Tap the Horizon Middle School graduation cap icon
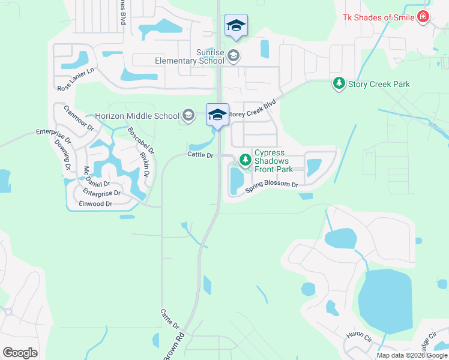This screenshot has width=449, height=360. coord(188,116)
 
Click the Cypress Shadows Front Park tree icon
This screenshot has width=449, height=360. coord(245,160)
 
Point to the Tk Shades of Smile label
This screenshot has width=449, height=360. coord(378,17)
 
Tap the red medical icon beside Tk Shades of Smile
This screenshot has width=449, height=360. coord(424,17)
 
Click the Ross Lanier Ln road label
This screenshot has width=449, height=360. coord(76,79)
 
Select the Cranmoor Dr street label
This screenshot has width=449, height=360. coord(80,119)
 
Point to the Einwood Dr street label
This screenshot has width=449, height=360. coord(96,204)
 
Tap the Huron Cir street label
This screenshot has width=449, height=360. coord(360,339)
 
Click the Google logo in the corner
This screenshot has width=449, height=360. coord(20,353)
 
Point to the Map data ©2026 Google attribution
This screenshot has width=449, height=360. coord(412,355)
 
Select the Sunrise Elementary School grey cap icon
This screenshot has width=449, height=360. coord(234,56)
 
